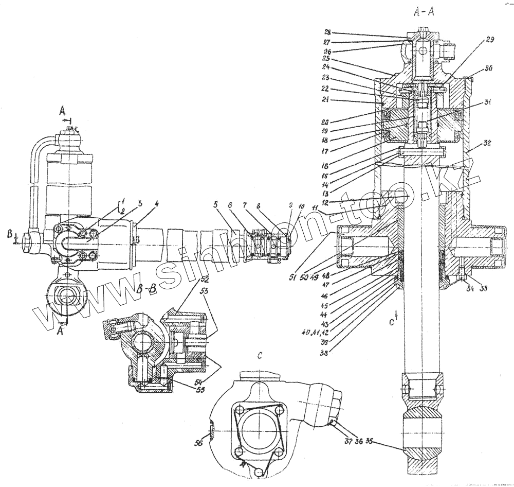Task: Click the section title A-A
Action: click(424, 14)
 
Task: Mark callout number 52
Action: click(205, 280)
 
